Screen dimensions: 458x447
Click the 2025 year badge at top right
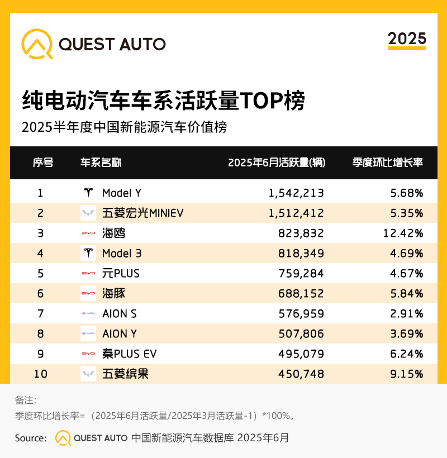point(407,39)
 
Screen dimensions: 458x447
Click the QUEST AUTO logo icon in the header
point(37,44)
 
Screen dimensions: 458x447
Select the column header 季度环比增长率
point(387,163)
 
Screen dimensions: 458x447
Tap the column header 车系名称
point(101,163)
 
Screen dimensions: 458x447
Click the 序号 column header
point(43,163)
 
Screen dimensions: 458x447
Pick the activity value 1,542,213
point(296,193)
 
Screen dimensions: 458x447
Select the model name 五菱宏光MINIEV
point(143,213)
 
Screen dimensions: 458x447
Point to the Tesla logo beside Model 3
point(88,253)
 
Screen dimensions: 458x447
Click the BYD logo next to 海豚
point(88,293)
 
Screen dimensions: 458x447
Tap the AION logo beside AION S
point(88,314)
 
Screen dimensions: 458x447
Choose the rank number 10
point(41,374)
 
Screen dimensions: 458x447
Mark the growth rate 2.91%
point(405,314)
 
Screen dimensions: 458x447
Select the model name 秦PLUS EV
point(130,354)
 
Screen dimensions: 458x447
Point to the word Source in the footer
point(30,438)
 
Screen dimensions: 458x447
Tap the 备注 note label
point(26,400)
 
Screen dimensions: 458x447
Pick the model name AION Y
point(120,334)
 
